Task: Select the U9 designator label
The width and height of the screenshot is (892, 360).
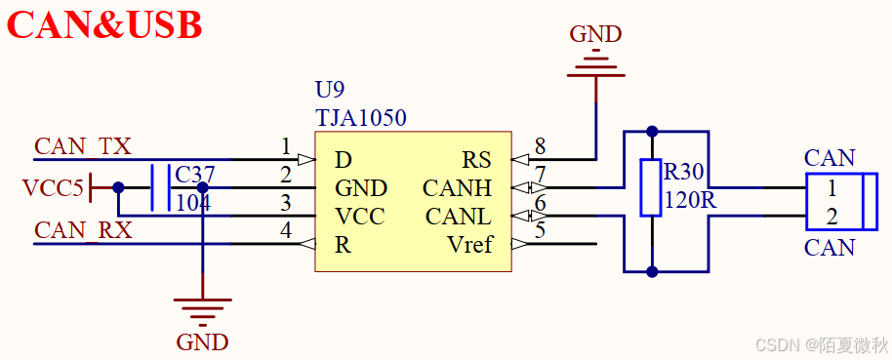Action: click(331, 91)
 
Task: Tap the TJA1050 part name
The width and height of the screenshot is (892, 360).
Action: click(360, 118)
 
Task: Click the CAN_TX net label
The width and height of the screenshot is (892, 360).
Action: click(82, 146)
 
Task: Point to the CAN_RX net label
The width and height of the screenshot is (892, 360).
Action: click(82, 231)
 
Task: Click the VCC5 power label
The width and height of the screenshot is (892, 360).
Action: click(53, 187)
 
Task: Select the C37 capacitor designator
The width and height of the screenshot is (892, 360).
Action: click(194, 175)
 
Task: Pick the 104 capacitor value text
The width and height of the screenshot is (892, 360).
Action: click(193, 202)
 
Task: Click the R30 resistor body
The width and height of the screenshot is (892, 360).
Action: click(651, 187)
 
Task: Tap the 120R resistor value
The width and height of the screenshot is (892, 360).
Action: click(690, 201)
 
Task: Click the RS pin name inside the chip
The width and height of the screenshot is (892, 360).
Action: click(476, 160)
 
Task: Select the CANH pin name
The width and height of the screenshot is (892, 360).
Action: click(457, 187)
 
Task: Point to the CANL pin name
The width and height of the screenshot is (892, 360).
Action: click(458, 216)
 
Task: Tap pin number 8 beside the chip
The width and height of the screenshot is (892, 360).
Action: click(540, 147)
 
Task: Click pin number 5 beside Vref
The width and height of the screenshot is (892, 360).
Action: click(540, 232)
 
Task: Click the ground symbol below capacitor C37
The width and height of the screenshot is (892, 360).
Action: click(202, 311)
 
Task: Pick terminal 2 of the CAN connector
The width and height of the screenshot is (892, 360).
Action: click(831, 216)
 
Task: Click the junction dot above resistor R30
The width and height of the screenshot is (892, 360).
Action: click(652, 131)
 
